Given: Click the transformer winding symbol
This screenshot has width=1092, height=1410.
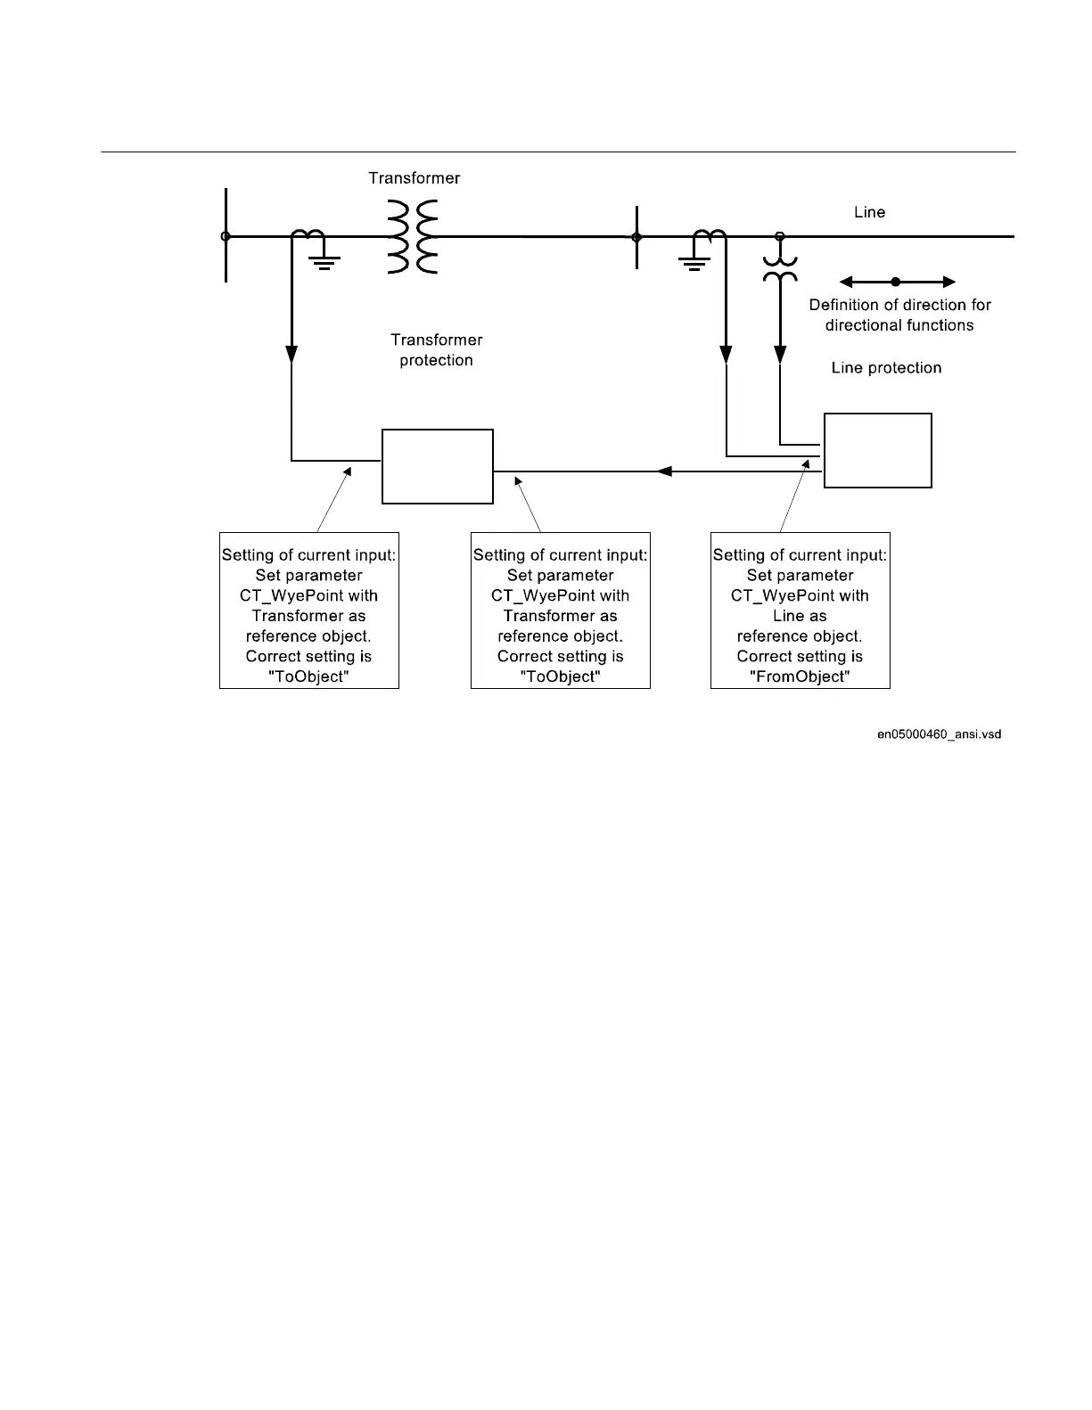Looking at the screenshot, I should pyautogui.click(x=413, y=237).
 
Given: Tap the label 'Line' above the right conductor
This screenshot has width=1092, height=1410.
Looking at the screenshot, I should pyautogui.click(x=869, y=212).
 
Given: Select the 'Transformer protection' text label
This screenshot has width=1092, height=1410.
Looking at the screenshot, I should pyautogui.click(x=436, y=350).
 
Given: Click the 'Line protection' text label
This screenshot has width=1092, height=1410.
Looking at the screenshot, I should pyautogui.click(x=886, y=368).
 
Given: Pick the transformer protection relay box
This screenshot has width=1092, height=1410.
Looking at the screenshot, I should pyautogui.click(x=437, y=466).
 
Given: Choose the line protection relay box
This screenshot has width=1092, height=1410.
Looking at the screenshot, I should pyautogui.click(x=877, y=450).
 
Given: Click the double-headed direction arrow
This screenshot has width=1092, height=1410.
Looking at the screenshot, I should pyautogui.click(x=897, y=282).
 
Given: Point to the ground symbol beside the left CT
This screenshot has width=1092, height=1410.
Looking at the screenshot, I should pyautogui.click(x=324, y=261).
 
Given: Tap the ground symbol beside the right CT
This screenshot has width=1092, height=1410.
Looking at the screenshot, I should pyautogui.click(x=694, y=261).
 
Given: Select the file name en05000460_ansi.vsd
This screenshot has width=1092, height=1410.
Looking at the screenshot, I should pyautogui.click(x=939, y=734).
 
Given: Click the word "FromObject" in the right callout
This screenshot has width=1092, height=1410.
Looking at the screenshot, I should pyautogui.click(x=800, y=676).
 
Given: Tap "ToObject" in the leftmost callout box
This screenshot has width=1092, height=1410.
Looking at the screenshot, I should pyautogui.click(x=308, y=676).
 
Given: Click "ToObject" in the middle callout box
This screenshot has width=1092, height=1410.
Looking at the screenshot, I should pyautogui.click(x=560, y=676).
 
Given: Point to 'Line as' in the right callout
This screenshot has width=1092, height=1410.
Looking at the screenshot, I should pyautogui.click(x=800, y=616).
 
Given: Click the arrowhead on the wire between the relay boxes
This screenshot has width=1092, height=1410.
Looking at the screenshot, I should pyautogui.click(x=663, y=471).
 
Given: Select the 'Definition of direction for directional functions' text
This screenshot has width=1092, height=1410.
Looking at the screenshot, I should pyautogui.click(x=899, y=315).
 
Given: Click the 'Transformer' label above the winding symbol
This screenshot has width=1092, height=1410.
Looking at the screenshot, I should pyautogui.click(x=415, y=178).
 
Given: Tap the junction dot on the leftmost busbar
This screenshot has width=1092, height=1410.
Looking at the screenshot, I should pyautogui.click(x=226, y=236).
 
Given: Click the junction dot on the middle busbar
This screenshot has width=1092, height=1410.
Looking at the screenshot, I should pyautogui.click(x=636, y=237).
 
